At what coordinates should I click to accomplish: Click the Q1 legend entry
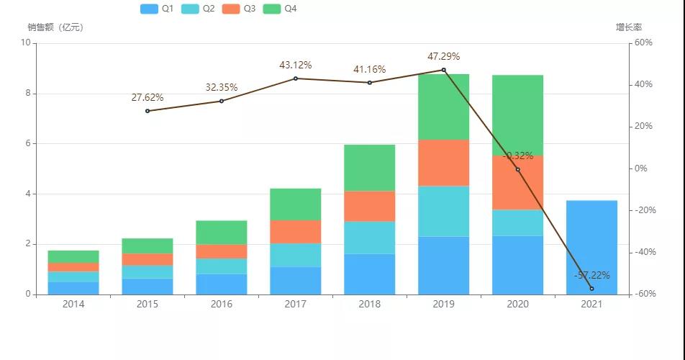tap(158, 9)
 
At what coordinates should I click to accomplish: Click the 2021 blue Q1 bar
tap(591, 247)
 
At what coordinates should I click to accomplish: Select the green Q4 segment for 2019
tap(443, 107)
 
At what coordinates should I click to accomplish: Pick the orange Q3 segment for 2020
tap(517, 183)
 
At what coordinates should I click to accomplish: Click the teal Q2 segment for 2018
tap(369, 238)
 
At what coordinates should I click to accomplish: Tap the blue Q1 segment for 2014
tap(73, 288)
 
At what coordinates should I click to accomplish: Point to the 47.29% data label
tap(443, 56)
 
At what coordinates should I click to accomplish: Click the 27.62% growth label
tap(147, 97)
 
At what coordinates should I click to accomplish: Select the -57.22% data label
tap(591, 275)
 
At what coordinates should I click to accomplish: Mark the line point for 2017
tap(295, 78)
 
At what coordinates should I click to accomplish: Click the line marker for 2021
tap(591, 289)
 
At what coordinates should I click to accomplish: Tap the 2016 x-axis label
tap(222, 305)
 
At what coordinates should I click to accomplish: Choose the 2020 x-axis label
tap(517, 305)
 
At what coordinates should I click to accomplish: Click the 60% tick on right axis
tap(642, 43)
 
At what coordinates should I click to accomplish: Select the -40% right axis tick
tap(642, 252)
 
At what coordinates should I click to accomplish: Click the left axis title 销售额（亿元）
tap(55, 27)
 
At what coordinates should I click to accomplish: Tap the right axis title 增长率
tap(628, 27)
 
